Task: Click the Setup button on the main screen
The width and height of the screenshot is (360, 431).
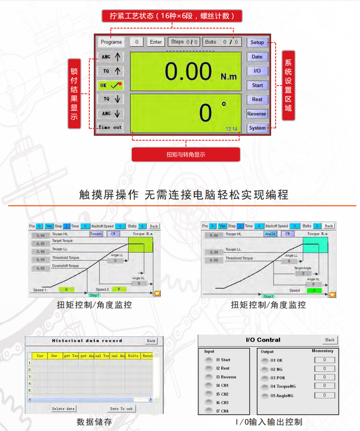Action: [257, 43]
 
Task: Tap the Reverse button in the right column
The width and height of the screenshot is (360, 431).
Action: [257, 114]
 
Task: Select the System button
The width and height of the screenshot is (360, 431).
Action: [257, 128]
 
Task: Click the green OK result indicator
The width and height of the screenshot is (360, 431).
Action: [110, 85]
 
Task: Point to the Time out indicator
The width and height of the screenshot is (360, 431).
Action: [110, 127]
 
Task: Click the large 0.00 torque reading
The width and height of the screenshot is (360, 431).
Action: [188, 71]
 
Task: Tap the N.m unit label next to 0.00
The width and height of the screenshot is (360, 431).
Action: [229, 77]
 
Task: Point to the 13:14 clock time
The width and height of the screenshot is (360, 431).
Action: [231, 129]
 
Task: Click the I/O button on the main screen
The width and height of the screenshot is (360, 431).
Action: [257, 71]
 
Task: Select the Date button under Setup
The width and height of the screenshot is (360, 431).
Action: [257, 57]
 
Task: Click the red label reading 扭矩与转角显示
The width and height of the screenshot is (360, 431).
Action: [186, 155]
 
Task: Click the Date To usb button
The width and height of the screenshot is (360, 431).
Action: [120, 409]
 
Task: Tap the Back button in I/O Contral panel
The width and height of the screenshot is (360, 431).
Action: [329, 340]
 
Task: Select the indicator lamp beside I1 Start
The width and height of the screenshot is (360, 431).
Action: [209, 360]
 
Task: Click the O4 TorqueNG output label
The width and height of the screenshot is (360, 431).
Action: [283, 387]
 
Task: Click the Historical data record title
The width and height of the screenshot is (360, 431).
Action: [87, 341]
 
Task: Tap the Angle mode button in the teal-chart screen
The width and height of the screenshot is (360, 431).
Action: [270, 234]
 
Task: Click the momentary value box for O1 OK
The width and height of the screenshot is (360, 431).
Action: [324, 360]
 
